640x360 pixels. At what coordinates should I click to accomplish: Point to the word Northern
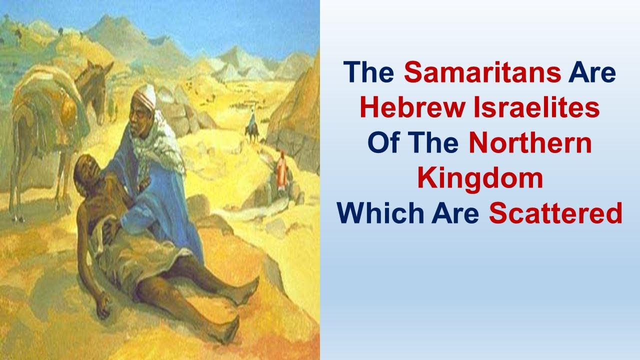tap(530, 144)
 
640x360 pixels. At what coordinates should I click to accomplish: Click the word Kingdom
tap(480, 179)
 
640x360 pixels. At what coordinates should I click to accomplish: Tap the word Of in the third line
tap(382, 144)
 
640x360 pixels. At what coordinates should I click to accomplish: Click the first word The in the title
tap(369, 73)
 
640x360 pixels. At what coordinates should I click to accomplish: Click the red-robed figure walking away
tap(281, 170)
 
